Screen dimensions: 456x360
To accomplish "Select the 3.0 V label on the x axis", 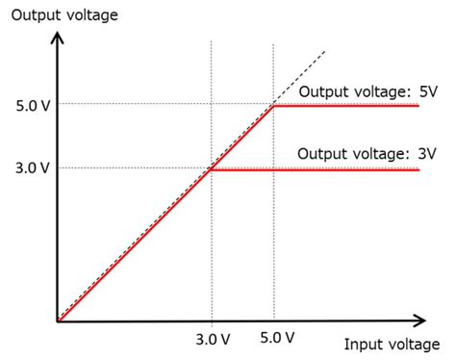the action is (211, 338).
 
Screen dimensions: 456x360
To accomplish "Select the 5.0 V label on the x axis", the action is (273, 338).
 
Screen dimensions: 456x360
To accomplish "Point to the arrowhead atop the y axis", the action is (58, 38).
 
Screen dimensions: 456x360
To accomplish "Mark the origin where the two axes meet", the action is (58, 321).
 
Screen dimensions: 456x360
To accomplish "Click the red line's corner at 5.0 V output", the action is (274, 105).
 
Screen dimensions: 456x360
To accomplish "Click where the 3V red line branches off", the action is (211, 169).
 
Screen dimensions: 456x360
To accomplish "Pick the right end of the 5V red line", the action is (418, 105).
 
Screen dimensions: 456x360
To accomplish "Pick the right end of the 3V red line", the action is (418, 169).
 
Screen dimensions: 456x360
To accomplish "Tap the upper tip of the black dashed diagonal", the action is (325, 51).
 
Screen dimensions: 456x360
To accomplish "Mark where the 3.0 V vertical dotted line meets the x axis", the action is (211, 321).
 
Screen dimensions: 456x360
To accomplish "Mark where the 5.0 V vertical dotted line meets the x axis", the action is (274, 321).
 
